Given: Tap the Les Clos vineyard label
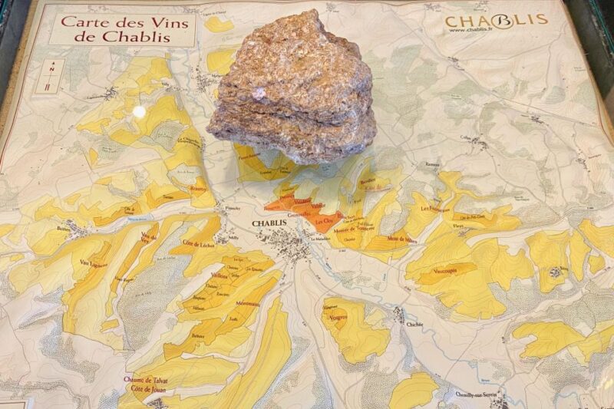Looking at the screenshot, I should coord(325,221).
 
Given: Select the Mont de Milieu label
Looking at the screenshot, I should coord(403,240).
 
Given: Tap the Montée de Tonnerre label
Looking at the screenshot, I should coord(354,230).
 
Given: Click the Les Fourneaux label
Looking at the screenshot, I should coord(435,207).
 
